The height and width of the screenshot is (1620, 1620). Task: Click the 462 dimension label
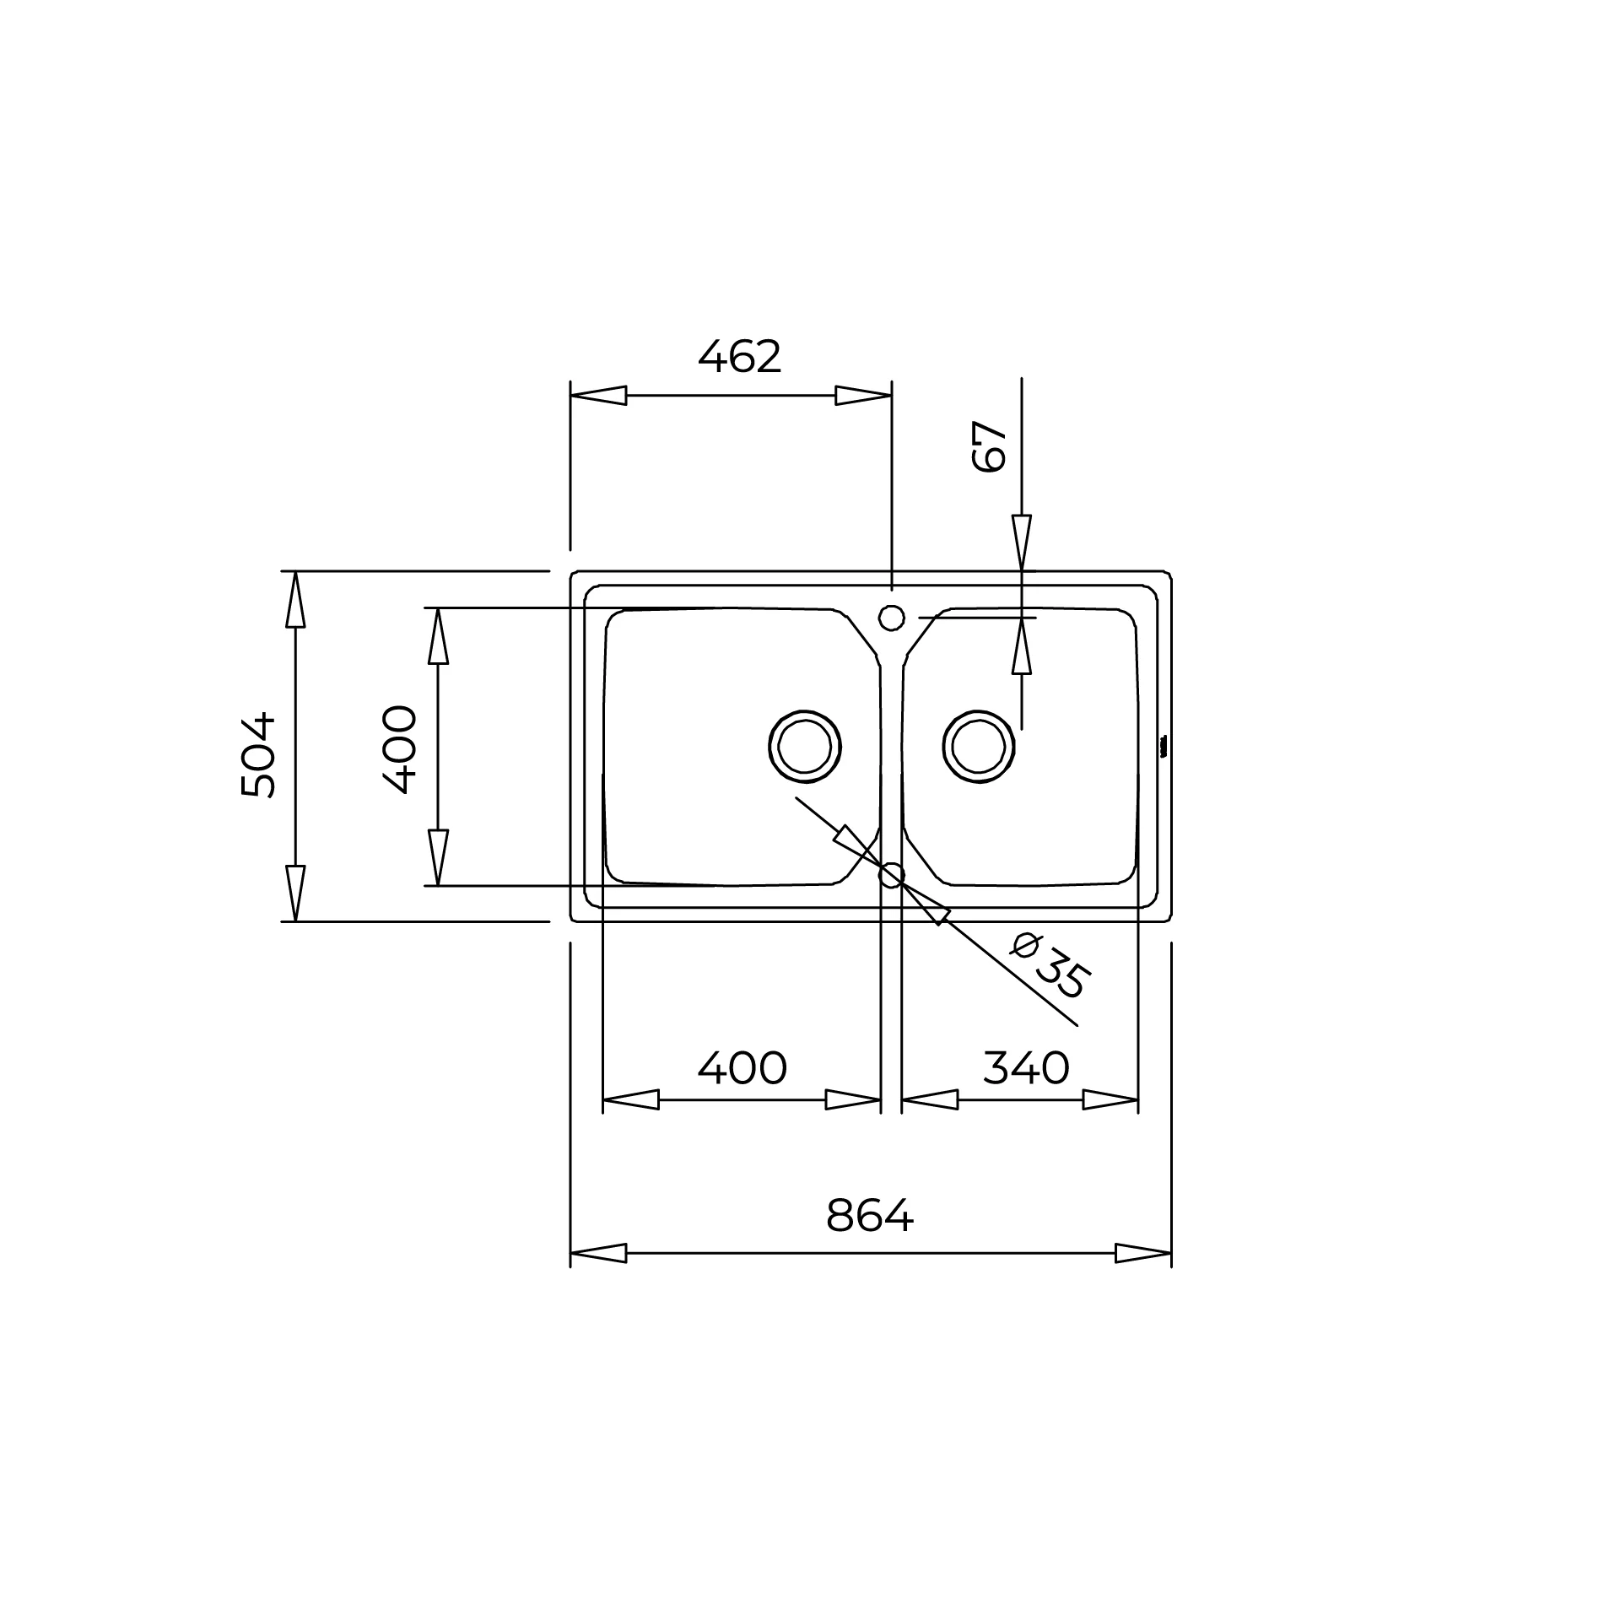(x=740, y=357)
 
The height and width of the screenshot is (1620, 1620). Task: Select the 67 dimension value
(x=990, y=446)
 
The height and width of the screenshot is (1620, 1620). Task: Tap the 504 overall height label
(x=258, y=755)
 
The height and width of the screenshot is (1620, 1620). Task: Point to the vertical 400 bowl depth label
(x=399, y=749)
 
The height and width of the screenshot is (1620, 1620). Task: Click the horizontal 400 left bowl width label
(x=742, y=1068)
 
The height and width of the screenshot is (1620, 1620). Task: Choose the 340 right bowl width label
(x=1026, y=1068)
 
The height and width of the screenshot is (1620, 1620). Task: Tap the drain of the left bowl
(x=805, y=747)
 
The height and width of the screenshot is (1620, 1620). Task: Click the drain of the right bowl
(x=979, y=747)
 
